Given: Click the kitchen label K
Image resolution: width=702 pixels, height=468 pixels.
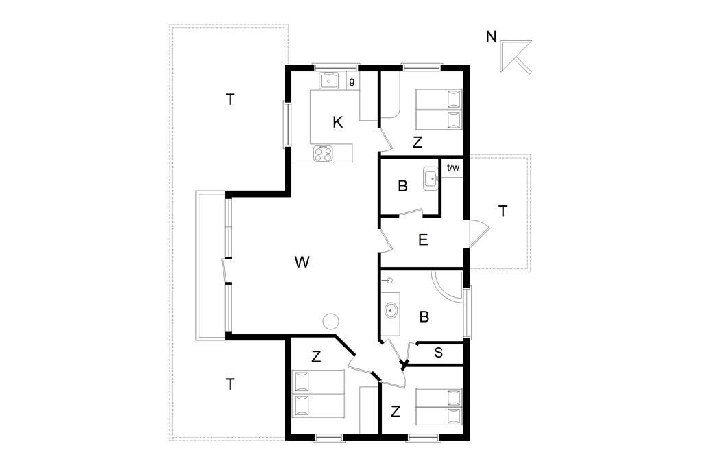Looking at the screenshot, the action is pos(338,122).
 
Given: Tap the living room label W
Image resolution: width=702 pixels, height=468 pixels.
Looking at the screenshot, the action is pos(302,262).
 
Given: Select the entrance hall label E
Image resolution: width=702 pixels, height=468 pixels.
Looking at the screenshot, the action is pos(423,240).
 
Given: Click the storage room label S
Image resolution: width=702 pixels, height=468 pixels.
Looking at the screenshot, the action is pos(438,353).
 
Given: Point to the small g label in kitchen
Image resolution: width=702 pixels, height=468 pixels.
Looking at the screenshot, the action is pos(352,82).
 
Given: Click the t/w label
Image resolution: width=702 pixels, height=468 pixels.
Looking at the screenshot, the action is pos(453,168).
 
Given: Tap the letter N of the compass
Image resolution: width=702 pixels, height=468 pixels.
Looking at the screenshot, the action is pos(492,37).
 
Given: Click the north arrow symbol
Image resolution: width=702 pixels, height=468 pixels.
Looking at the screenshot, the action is pos(516,56).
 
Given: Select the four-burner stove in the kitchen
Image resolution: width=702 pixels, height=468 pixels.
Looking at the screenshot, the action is pos(323,153).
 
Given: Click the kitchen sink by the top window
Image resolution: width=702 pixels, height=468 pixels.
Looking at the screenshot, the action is pos(329,81).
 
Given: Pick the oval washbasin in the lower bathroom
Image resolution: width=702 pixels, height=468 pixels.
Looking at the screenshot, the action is pos(391,311).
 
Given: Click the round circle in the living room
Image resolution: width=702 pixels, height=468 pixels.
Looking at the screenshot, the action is pos(331,321).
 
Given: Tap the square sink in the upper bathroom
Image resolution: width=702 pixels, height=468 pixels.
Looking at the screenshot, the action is pos(431,179).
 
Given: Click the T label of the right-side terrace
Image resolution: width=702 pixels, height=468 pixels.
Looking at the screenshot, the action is pos(503,211).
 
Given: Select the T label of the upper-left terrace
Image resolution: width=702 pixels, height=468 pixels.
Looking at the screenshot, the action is pos(230,100).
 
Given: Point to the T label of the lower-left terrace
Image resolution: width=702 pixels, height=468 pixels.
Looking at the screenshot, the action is pos(230,384).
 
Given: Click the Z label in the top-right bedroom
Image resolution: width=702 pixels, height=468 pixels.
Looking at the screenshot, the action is pos(417,143).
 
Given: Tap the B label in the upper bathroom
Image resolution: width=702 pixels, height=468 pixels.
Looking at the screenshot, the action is pos(403,187).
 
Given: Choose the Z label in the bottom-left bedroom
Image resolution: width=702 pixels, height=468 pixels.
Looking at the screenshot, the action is pos(316,357).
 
